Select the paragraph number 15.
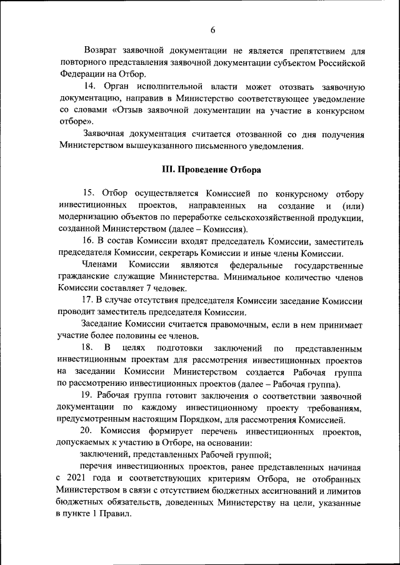point(89,194)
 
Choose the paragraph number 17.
point(89,300)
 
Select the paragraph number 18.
point(89,347)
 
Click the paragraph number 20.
point(89,430)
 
